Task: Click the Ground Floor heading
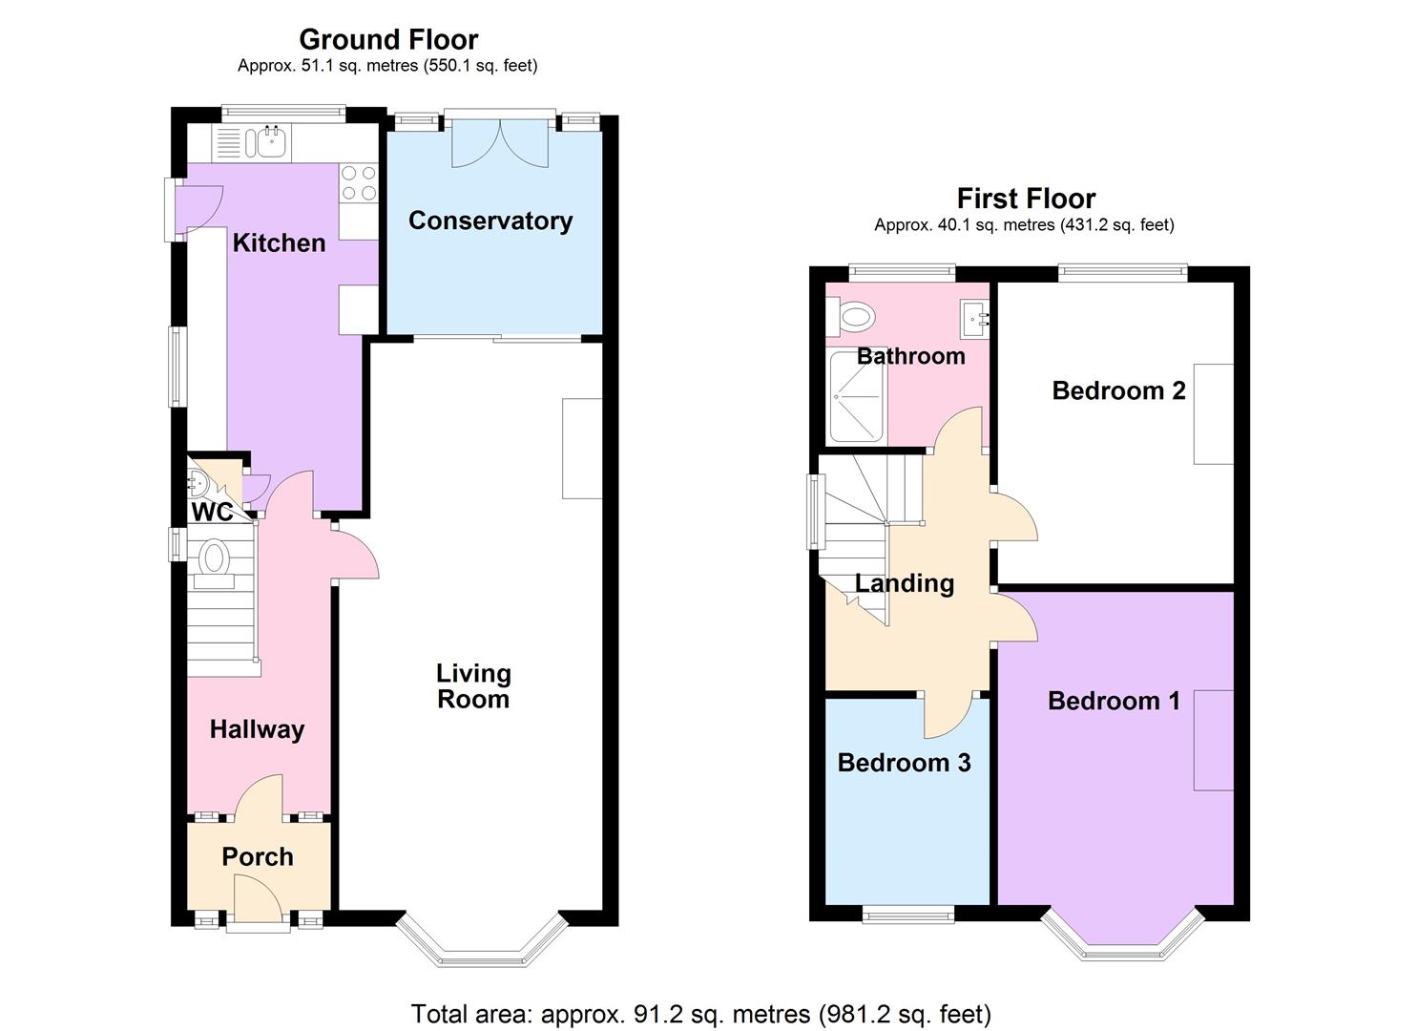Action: (x=387, y=39)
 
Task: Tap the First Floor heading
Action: (x=1025, y=199)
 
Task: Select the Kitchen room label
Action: (x=279, y=242)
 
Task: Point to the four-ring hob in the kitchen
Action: (x=358, y=183)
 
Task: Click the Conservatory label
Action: (x=490, y=221)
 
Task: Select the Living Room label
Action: (x=473, y=686)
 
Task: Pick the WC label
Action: (x=211, y=513)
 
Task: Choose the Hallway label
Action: (x=257, y=729)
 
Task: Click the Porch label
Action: (x=257, y=856)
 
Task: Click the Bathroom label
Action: (x=910, y=356)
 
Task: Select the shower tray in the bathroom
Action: (x=855, y=397)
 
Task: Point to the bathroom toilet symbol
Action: (x=853, y=316)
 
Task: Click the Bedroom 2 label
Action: (x=1118, y=390)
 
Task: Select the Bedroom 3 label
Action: (x=904, y=763)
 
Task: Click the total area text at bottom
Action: (x=700, y=1013)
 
